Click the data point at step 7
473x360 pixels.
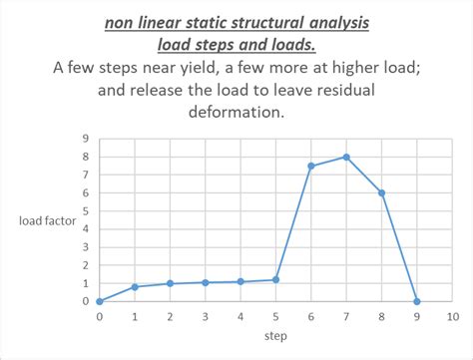click(345, 157)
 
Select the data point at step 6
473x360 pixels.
click(310, 166)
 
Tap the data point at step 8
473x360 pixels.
click(380, 192)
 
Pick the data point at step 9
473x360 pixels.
click(416, 301)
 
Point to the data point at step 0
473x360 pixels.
click(99, 301)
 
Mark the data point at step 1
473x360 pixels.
click(134, 286)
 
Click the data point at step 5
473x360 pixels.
click(275, 279)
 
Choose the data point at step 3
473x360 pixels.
click(205, 282)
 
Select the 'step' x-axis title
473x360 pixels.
click(275, 337)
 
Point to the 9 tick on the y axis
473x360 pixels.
click(85, 139)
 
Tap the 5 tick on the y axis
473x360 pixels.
click(85, 210)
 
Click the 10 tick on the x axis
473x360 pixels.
click(451, 316)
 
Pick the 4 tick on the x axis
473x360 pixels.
click(239, 316)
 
